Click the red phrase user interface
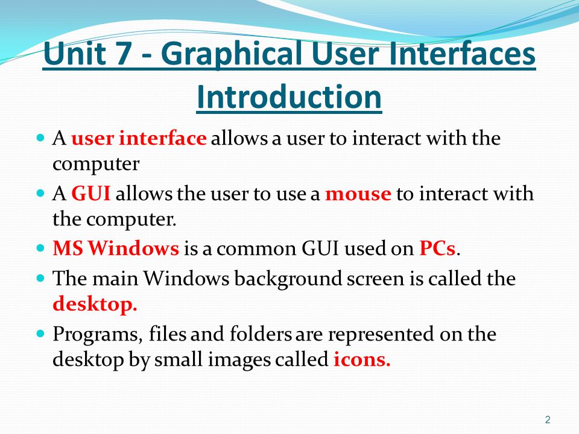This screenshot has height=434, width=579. pos(139,139)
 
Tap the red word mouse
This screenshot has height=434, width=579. pos(358,194)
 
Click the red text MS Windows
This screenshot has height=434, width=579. pos(116,248)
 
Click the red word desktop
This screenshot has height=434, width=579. pos(95,304)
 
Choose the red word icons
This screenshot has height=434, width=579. pos(362,360)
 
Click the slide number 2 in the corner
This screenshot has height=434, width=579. pos(548,420)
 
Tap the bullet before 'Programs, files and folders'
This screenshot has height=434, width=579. pos(40,333)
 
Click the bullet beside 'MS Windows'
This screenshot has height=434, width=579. pos(40,248)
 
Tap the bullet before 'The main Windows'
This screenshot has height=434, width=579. pos(40,278)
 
